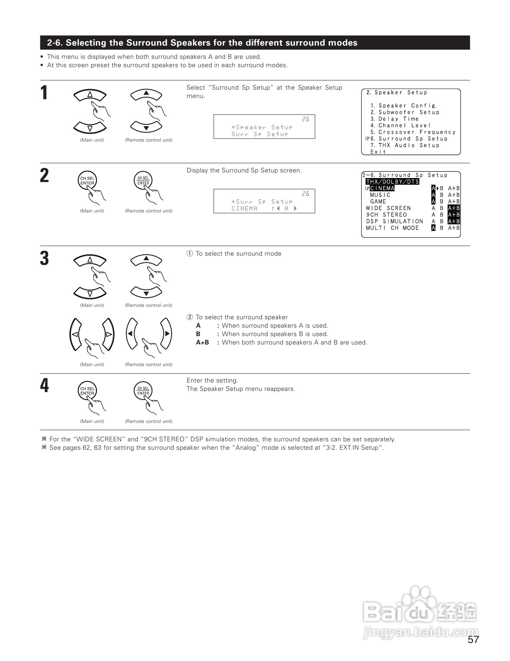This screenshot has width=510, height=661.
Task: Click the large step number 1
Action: [x=44, y=93]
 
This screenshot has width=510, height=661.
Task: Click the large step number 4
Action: [x=44, y=386]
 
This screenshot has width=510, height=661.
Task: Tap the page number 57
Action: [x=473, y=640]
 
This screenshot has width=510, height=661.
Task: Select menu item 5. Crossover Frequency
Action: [x=413, y=132]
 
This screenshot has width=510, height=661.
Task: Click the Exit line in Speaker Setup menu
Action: [x=378, y=152]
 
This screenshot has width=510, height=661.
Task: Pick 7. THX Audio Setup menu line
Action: [x=405, y=145]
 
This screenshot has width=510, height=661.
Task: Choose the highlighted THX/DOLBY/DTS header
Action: [x=392, y=182]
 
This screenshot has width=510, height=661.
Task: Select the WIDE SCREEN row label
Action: [x=388, y=208]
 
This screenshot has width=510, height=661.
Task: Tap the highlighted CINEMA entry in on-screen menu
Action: [x=382, y=188]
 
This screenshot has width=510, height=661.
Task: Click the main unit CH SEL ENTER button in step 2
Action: [x=87, y=181]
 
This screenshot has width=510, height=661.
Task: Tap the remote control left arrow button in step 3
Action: [x=131, y=334]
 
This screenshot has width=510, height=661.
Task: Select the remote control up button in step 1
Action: [x=146, y=94]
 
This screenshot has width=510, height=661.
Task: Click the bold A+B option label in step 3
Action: [x=202, y=343]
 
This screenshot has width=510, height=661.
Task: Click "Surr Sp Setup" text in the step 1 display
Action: [x=260, y=134]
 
